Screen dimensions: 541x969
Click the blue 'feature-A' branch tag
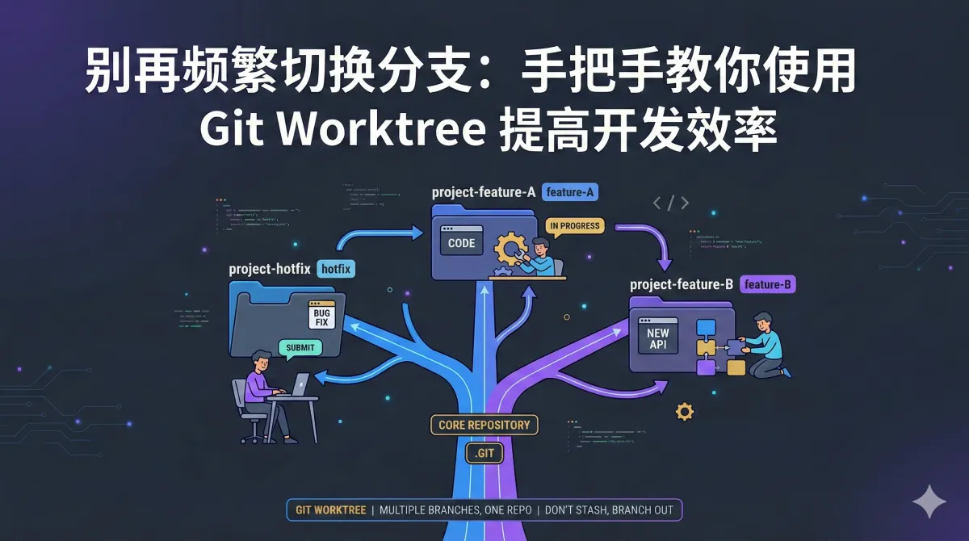click(570, 192)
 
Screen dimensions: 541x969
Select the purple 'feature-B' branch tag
click(768, 284)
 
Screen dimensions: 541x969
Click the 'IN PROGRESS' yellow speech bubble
click(574, 226)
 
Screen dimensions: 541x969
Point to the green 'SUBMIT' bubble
click(300, 348)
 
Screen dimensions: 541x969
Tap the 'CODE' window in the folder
click(461, 242)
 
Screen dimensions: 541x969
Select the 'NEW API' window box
click(658, 340)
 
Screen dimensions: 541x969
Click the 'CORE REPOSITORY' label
click(484, 425)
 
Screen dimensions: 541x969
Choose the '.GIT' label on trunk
click(484, 453)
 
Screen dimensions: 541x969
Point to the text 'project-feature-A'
click(484, 192)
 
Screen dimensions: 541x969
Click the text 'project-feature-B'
click(682, 284)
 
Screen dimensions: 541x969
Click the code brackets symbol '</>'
click(671, 203)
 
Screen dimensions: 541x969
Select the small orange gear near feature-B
click(685, 412)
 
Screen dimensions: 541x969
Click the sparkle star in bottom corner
click(929, 501)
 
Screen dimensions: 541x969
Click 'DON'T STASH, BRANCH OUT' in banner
click(613, 510)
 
